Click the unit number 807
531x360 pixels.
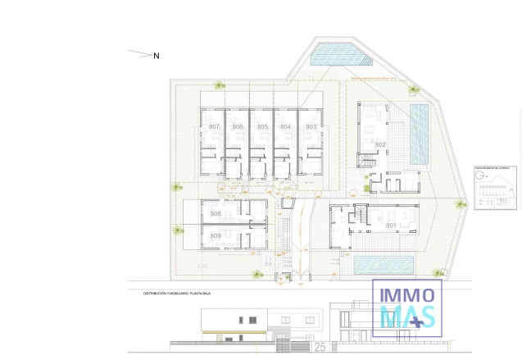coord(215,126)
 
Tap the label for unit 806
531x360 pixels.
coord(238,126)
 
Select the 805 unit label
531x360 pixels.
coord(262,126)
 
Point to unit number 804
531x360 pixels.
coord(286,126)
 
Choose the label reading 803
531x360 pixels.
coord(311,126)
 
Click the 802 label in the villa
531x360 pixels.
coord(380,144)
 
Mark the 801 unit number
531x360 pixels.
coord(391,225)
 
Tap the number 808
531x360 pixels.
coord(216,213)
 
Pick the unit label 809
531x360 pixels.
coord(216,236)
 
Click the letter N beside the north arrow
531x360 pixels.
coord(157,56)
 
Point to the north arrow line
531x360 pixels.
coord(140,54)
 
